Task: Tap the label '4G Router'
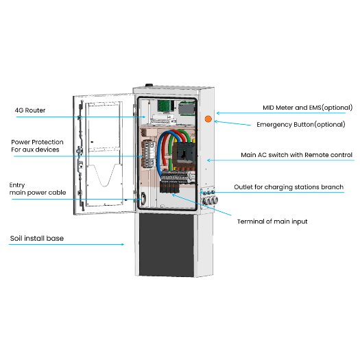point(30,110)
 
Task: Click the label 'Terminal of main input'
point(272,221)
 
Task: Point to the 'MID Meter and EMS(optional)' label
point(308,108)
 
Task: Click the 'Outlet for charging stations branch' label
point(289,187)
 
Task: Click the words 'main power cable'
point(38,193)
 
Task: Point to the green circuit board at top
point(165,106)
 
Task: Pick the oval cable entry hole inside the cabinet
point(143,197)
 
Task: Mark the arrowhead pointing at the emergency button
point(215,122)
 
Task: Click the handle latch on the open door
point(82,147)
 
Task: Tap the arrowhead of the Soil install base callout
point(125,243)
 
